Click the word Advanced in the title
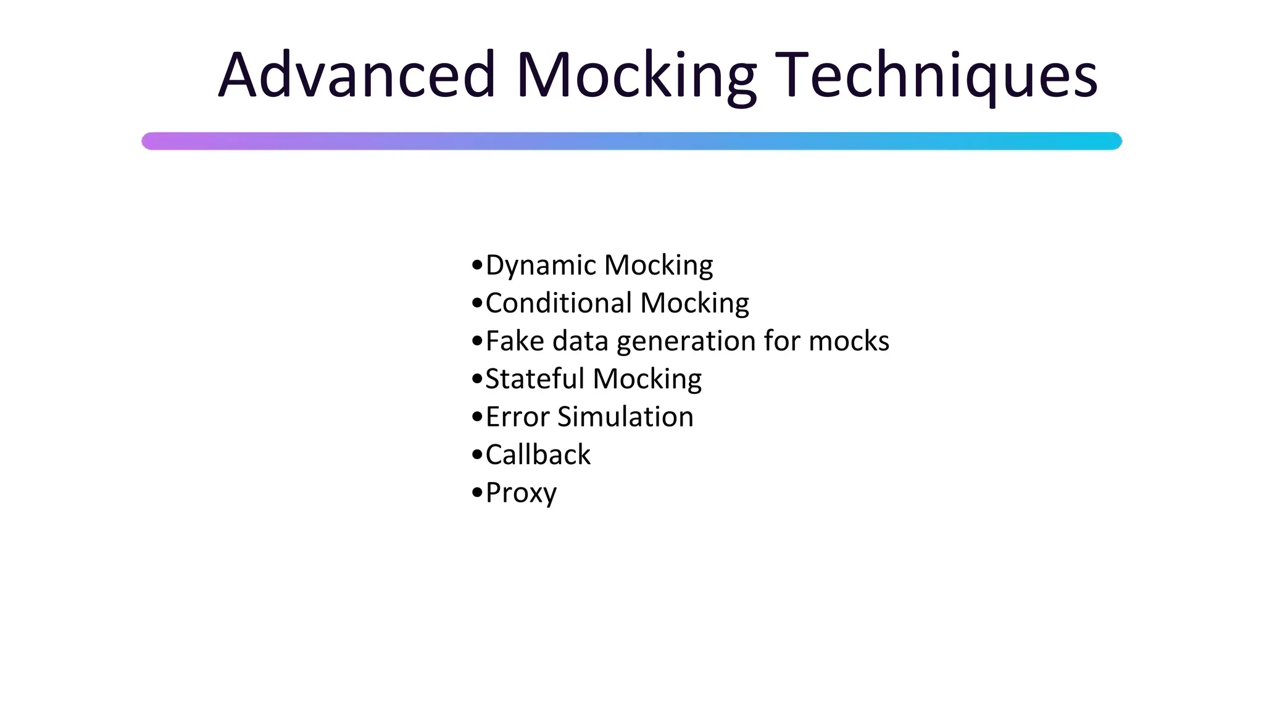pos(357,75)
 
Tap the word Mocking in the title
pos(636,77)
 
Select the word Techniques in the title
pos(936,77)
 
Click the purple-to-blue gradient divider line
pos(631,141)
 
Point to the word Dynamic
pos(541,266)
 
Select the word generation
pos(686,342)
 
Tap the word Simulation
pos(625,417)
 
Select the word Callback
pos(538,455)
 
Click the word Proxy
pos(521,494)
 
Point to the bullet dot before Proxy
pos(476,493)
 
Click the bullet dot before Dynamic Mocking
pos(476,265)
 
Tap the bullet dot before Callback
pos(476,455)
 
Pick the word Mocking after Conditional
pos(694,304)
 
